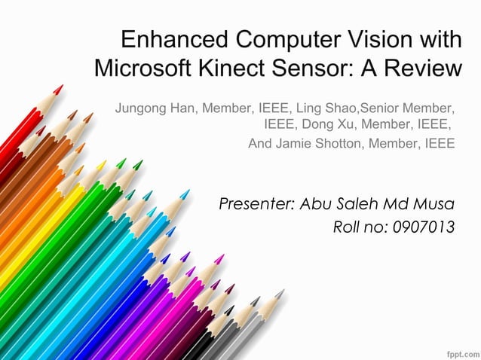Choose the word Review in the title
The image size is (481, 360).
(418, 69)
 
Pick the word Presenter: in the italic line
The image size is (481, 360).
(256, 204)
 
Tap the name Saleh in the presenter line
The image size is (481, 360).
(353, 204)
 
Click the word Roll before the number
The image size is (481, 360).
(348, 227)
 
